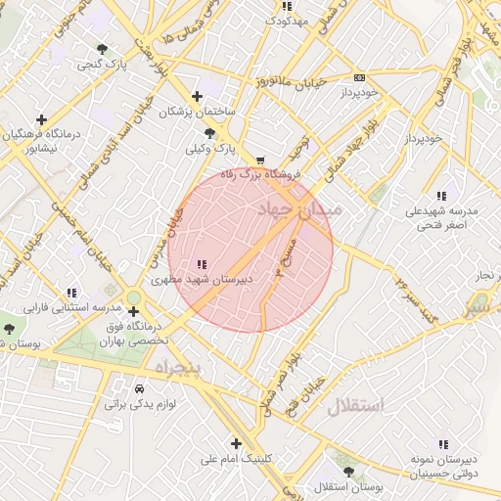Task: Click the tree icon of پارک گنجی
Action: click(103, 48)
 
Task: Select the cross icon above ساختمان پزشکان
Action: click(198, 96)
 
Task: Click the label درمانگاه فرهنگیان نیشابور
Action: click(39, 140)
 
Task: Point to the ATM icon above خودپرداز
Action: click(359, 77)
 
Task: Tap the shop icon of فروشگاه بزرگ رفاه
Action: click(259, 159)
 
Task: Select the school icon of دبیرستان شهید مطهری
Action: click(202, 264)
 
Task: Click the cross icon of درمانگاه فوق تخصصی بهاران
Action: click(133, 311)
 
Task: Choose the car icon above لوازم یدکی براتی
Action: click(139, 388)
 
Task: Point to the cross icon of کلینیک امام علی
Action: click(235, 443)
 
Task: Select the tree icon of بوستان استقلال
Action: click(348, 472)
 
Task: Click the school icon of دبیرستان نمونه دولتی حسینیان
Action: click(443, 443)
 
